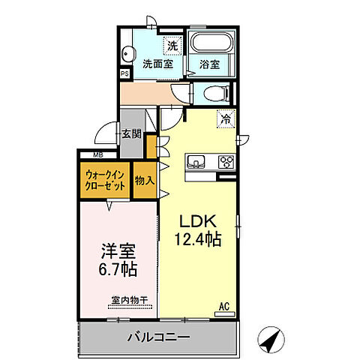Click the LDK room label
tap(198, 223)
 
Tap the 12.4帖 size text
tap(198, 239)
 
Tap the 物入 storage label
tap(145, 181)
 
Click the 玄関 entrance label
tap(131, 134)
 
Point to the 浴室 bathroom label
tap(210, 64)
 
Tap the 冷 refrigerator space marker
tap(225, 118)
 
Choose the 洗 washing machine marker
tap(172, 46)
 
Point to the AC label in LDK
tap(223, 304)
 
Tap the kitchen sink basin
tap(196, 160)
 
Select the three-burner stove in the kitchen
tap(225, 160)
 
